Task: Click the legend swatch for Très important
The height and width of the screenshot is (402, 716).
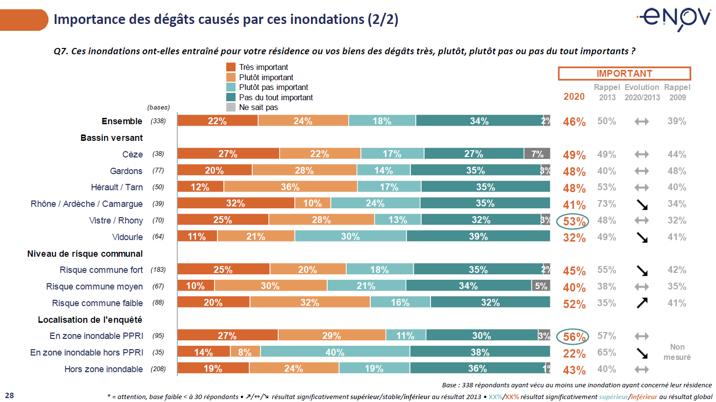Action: tap(231, 67)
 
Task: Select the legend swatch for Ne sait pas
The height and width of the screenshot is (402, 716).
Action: tap(231, 107)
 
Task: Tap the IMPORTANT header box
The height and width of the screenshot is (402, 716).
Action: tap(624, 73)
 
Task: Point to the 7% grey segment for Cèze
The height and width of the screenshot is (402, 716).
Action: tap(537, 154)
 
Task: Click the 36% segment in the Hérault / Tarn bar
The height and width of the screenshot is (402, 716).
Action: tap(290, 187)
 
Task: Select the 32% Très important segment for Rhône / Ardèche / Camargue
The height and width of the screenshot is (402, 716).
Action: tap(236, 203)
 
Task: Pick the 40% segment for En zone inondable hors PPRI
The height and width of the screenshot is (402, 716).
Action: tap(335, 352)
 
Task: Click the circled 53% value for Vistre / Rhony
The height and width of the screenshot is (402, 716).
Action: tap(573, 221)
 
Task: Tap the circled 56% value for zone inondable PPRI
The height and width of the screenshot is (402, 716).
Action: tap(573, 336)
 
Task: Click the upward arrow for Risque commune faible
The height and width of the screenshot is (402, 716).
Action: tap(642, 303)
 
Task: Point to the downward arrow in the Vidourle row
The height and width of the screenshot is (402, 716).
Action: tap(642, 237)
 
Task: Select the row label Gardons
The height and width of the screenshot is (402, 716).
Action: tap(126, 171)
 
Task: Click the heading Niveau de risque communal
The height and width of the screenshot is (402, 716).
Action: tap(85, 253)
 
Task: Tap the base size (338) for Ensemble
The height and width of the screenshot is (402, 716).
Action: tap(158, 121)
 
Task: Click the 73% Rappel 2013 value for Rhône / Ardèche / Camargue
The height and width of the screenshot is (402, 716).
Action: tap(606, 204)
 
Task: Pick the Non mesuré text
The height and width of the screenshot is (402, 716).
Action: tap(677, 352)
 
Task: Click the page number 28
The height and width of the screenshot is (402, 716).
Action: tap(9, 395)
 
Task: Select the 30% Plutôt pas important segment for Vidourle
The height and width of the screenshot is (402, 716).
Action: tap(350, 237)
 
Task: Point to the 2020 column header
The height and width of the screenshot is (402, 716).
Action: tap(573, 96)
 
